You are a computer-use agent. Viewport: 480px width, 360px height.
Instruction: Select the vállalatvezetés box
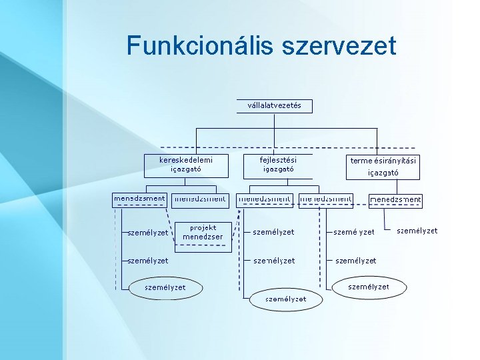[x=274, y=106]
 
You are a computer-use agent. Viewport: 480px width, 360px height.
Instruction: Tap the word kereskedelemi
[x=186, y=160]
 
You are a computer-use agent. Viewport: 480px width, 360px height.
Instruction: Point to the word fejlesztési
[x=278, y=160]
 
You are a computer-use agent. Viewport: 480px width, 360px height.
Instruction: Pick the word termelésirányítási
[x=383, y=161]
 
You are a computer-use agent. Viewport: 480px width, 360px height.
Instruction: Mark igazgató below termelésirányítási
[x=383, y=173]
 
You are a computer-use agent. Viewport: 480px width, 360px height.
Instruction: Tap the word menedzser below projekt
[x=203, y=237]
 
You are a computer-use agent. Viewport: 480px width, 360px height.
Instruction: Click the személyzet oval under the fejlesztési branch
[x=285, y=299]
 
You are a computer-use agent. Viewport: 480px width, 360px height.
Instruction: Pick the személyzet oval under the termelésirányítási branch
[x=369, y=287]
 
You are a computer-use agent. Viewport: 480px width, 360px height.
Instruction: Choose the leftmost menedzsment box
[x=139, y=199]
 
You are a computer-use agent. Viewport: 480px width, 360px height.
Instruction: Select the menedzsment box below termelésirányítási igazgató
[x=395, y=200]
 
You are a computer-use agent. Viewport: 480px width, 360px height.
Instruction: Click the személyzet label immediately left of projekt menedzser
[x=147, y=233]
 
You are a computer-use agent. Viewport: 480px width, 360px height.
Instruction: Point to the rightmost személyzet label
[x=417, y=231]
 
